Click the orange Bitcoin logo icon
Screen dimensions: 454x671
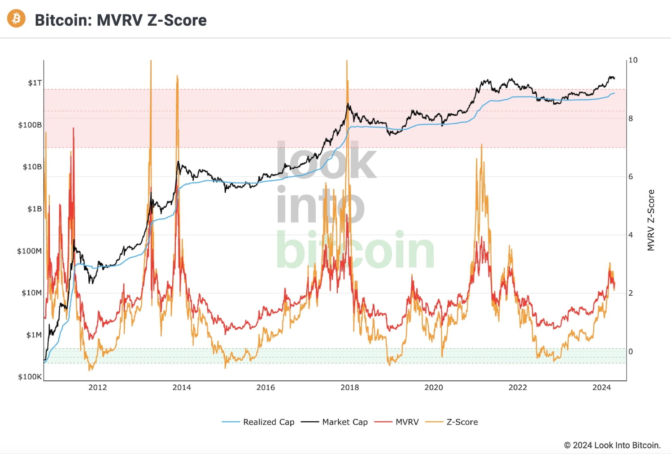(x=17, y=18)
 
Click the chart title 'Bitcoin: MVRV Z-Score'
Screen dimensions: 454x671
(x=120, y=20)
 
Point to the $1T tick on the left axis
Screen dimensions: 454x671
(x=35, y=83)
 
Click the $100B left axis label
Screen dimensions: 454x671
(x=30, y=125)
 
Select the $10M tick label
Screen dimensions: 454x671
(x=31, y=293)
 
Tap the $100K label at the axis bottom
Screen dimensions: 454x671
(x=30, y=377)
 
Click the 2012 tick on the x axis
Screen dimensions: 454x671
(x=97, y=388)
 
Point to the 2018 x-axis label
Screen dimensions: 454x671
(x=349, y=388)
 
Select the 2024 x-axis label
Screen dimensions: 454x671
(x=601, y=388)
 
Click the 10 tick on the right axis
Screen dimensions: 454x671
(x=632, y=60)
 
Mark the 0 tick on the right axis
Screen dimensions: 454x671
(x=631, y=352)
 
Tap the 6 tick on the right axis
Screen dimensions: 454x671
(x=631, y=177)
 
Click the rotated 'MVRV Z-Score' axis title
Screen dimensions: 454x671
(x=651, y=220)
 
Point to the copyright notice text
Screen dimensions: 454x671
(x=612, y=445)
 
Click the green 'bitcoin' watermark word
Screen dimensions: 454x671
(x=354, y=250)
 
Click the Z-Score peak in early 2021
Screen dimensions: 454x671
(x=481, y=145)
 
